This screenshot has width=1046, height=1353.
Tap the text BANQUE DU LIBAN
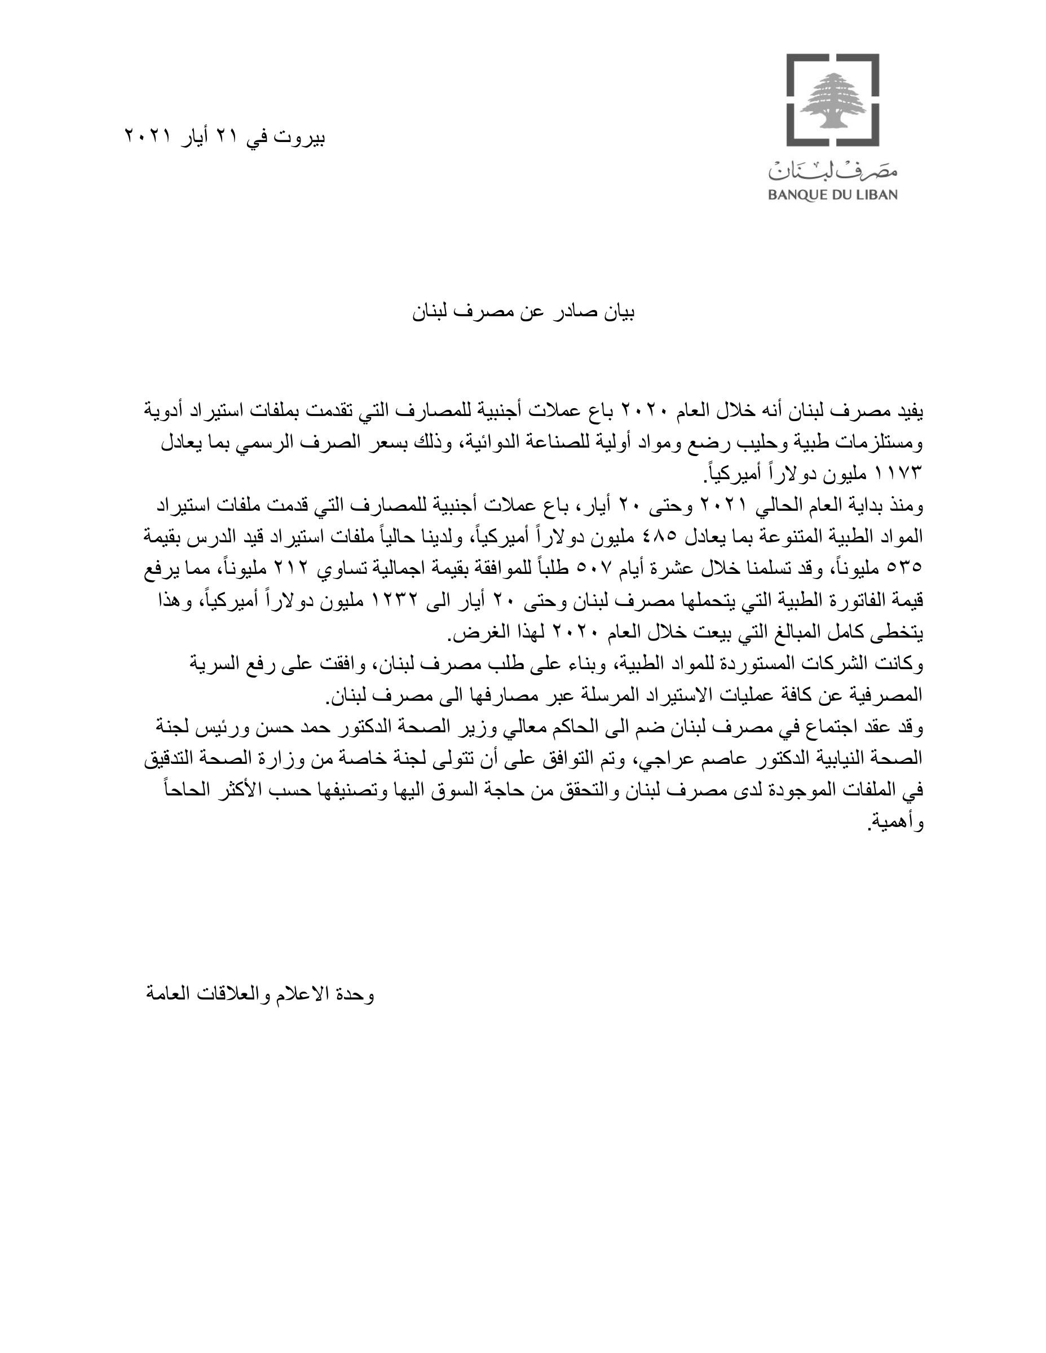click(832, 195)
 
